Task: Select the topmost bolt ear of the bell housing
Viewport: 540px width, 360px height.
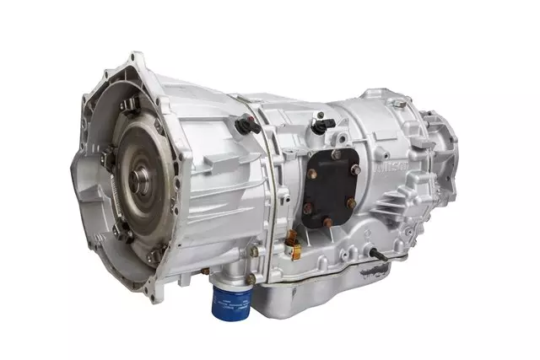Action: [134, 60]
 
